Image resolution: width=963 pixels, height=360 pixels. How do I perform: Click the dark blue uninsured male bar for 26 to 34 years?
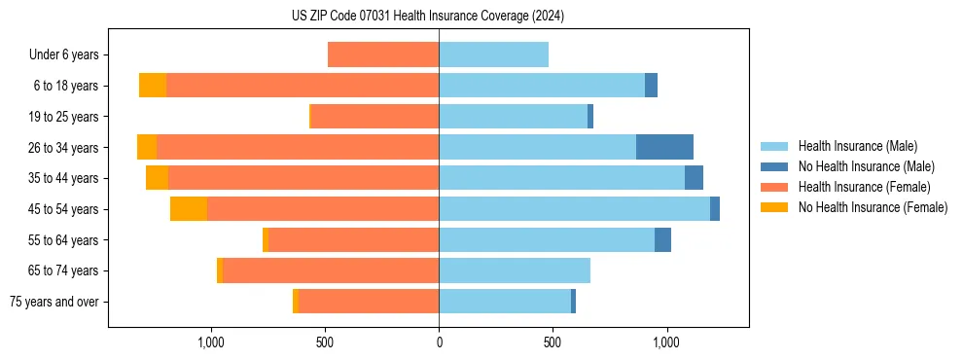coord(664,147)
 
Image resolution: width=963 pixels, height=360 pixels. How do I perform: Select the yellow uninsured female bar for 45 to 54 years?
coord(189,209)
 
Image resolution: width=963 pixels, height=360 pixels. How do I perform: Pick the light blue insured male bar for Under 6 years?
coord(493,54)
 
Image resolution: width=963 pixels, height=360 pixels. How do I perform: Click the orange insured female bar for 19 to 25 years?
coord(374,117)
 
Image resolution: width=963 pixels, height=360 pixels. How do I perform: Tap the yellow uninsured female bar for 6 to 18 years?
coord(153,86)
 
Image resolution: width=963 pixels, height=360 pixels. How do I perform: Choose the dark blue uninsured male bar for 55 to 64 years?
coord(662,240)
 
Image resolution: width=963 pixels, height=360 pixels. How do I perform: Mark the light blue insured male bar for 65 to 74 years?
coord(515,270)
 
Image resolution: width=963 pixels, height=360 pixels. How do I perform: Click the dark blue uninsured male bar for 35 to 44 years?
coord(694,178)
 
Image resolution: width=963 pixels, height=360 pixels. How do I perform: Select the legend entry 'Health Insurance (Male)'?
coord(856,146)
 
